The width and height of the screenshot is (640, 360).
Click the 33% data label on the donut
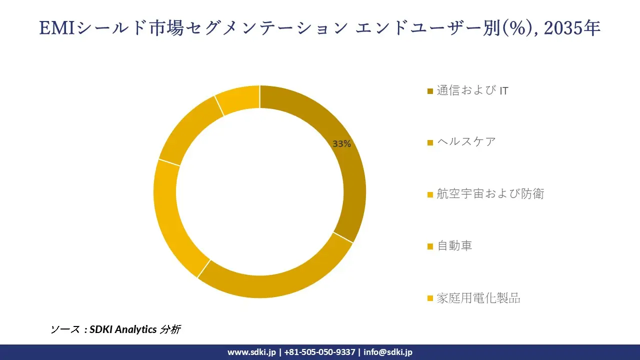(x=342, y=144)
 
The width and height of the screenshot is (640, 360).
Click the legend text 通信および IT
(x=472, y=90)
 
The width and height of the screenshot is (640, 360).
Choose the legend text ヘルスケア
(x=466, y=142)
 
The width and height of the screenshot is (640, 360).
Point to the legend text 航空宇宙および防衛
(x=490, y=193)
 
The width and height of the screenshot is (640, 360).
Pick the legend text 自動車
(x=454, y=245)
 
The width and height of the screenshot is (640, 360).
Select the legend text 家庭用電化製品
(x=478, y=298)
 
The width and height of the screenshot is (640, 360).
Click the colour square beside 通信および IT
(x=430, y=91)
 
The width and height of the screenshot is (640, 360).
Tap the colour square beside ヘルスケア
(x=430, y=143)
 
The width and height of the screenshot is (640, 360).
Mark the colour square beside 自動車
(x=430, y=246)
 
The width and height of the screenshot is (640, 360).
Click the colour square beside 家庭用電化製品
(x=430, y=299)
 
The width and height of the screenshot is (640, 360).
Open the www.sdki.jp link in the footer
(x=251, y=352)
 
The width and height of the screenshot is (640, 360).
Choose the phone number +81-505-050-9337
(x=319, y=352)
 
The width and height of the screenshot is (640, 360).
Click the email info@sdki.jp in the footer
(x=388, y=352)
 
